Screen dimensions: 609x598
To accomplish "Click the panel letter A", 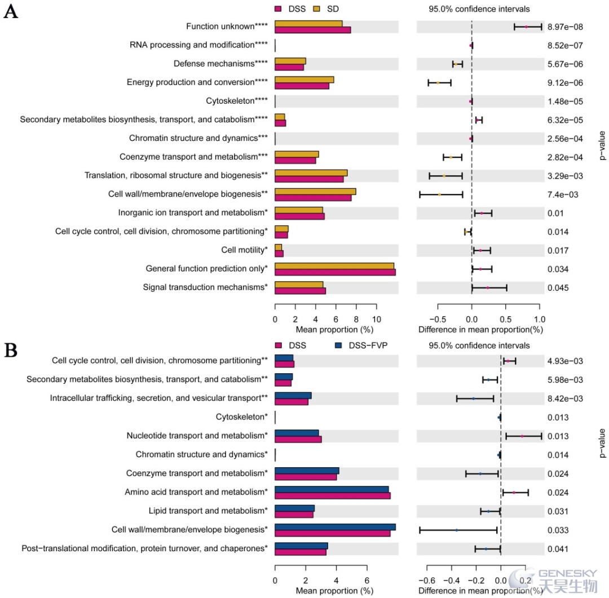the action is [11, 11].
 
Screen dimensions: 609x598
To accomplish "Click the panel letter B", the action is [11, 350].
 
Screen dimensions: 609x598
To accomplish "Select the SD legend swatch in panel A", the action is [317, 9].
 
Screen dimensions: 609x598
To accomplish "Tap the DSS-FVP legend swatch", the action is [338, 345].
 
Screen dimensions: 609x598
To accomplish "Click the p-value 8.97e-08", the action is [565, 27].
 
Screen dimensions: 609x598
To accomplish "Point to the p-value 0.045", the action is [558, 288].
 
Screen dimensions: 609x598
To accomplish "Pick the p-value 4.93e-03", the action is [565, 361].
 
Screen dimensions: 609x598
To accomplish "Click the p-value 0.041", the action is [558, 549].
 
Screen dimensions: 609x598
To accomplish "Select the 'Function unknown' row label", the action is [227, 26].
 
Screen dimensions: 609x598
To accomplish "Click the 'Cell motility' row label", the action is [244, 250].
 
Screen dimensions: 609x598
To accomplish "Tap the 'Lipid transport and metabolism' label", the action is [208, 511].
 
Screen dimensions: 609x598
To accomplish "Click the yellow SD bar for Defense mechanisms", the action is [290, 61].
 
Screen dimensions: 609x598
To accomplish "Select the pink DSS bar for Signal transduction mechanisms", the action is [300, 291].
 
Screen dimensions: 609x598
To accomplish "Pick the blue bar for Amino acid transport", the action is [332, 489].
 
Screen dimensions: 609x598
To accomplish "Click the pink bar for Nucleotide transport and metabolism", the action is [298, 439].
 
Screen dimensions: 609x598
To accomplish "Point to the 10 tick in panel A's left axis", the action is [376, 320].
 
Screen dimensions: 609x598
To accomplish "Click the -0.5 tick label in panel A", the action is [438, 320].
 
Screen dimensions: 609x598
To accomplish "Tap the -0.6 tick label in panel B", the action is [426, 581].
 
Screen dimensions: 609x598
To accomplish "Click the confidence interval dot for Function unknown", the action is [526, 27].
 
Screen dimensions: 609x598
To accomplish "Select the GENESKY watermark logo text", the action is [567, 574].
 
